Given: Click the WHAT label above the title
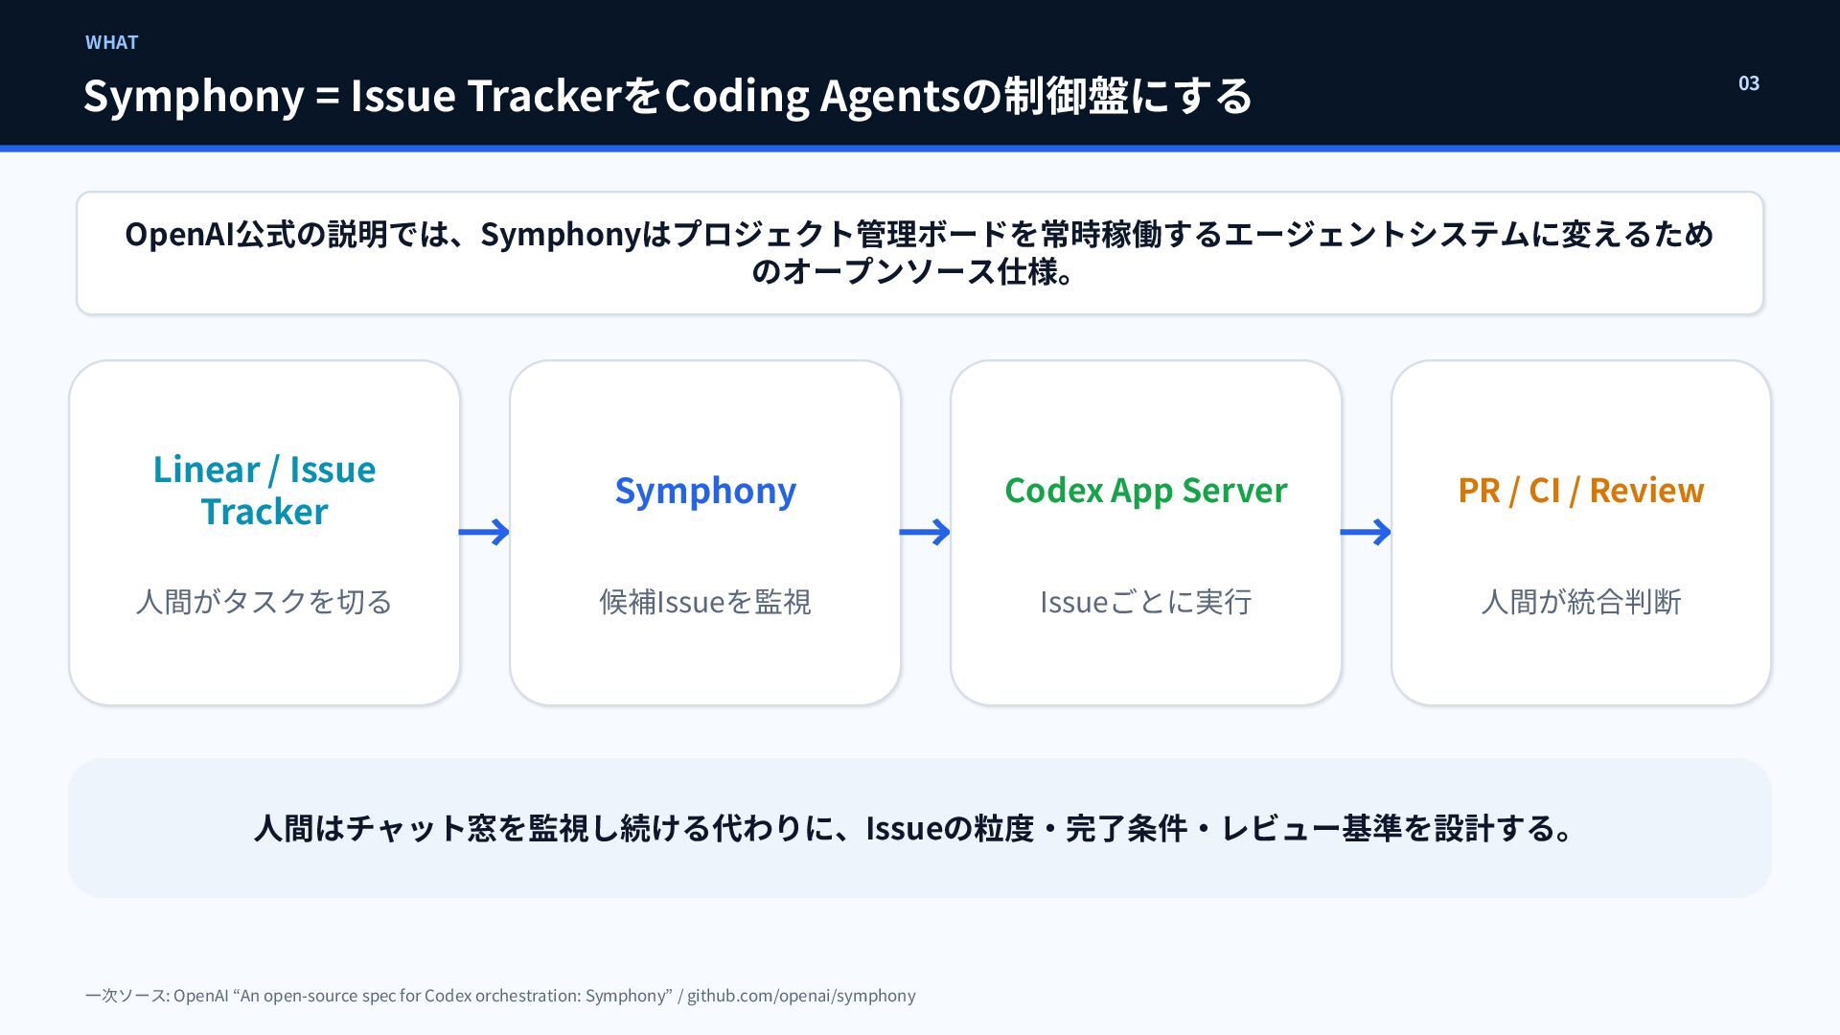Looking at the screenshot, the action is [111, 42].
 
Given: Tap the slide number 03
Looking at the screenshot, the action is [1749, 83].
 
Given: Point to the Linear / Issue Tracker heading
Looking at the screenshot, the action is [264, 490].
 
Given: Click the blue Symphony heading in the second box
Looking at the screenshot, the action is [705, 491].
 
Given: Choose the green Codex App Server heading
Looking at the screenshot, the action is [1146, 490].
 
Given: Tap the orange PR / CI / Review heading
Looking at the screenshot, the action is [1581, 490].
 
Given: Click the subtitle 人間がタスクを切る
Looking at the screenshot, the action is [264, 601].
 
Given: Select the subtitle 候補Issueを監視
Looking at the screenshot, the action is [705, 601].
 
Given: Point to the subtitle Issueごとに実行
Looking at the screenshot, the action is [1146, 601].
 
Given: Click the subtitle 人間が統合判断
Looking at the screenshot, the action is [1581, 601].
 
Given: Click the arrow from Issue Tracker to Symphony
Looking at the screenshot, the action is [484, 532].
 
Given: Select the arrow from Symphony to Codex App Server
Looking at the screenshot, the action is [925, 532].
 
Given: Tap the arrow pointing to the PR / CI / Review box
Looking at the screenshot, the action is [1366, 532].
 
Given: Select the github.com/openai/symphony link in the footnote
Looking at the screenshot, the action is [801, 996].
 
